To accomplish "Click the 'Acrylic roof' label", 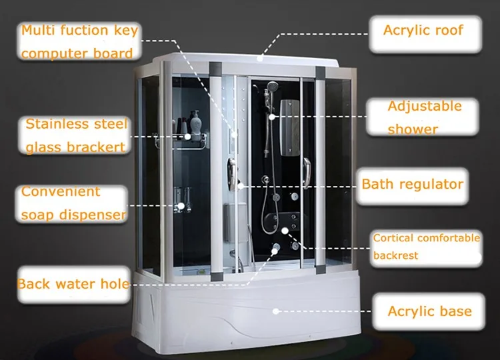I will point(423,30).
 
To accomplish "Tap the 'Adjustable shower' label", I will point(424,117).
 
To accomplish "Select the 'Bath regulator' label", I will point(412,183).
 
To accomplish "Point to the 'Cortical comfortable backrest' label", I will point(426,247).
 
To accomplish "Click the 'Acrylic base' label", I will point(429,311).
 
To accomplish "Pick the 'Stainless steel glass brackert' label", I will point(76,135).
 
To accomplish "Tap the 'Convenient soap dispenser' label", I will point(72,203).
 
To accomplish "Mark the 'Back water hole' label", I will point(73,284).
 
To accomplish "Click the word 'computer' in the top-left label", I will point(51,53).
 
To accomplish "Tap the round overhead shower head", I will point(271,86).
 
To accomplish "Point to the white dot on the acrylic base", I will point(276,310).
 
